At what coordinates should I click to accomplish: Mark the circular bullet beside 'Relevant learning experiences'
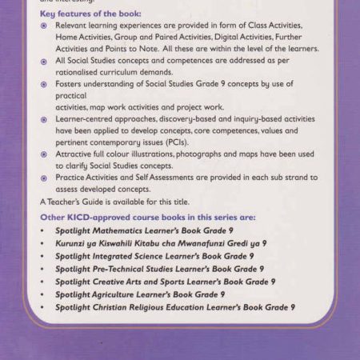click(x=44, y=26)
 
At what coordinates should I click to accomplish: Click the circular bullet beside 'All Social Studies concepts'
click(x=44, y=61)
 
